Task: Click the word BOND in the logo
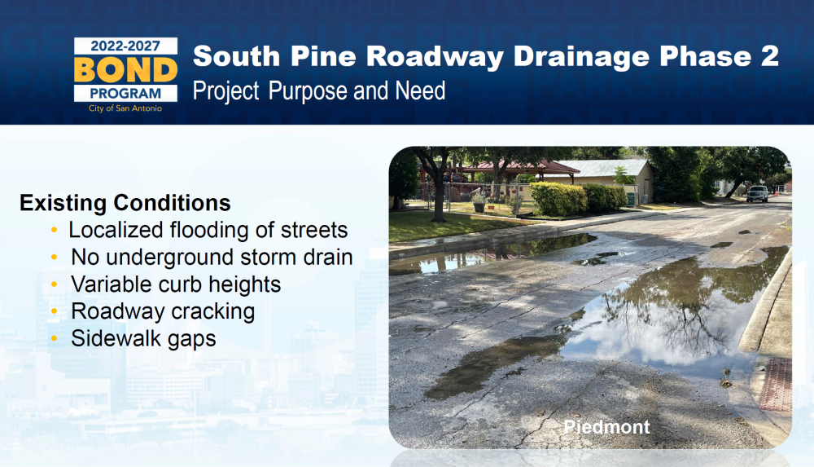(x=125, y=70)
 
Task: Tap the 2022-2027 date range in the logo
(x=125, y=46)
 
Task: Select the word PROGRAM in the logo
(x=125, y=94)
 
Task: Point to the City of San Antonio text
(x=125, y=108)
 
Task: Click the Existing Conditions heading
(x=125, y=203)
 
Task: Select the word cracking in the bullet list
(x=212, y=312)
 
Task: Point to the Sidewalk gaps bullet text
(x=143, y=339)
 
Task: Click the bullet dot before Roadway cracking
(x=55, y=311)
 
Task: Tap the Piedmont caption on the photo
(x=606, y=428)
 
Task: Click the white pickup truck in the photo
(x=757, y=193)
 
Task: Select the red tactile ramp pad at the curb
(x=777, y=385)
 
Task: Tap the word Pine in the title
(x=323, y=56)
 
